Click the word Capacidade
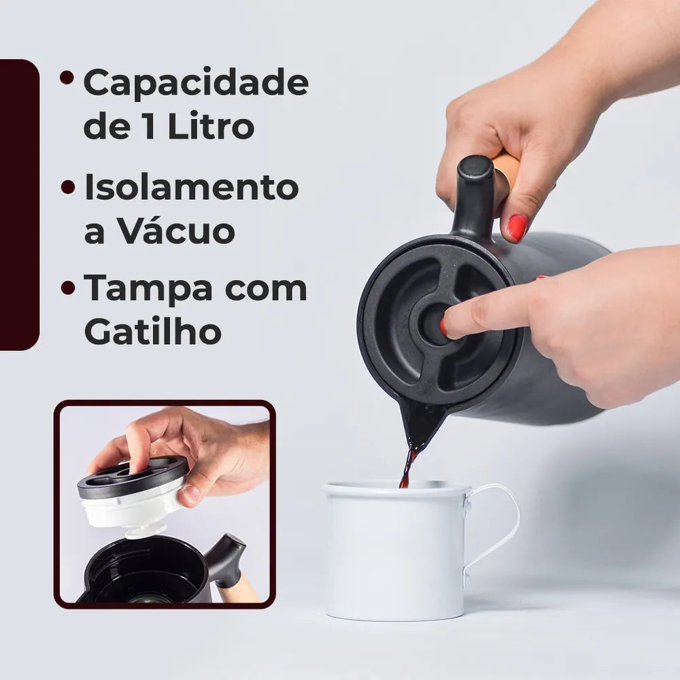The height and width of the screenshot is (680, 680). tap(196, 83)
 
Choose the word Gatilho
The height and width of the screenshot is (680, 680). tap(152, 331)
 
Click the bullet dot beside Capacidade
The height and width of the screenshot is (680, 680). tap(67, 78)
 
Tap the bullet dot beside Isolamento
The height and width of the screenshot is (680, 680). tap(68, 187)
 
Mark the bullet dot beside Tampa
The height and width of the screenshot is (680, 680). tap(68, 287)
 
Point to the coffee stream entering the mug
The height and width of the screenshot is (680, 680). tap(407, 469)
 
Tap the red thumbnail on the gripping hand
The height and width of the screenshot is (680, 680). tap(517, 228)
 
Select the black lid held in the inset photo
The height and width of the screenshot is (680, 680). tap(133, 478)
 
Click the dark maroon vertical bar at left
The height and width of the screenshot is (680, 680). tap(20, 205)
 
